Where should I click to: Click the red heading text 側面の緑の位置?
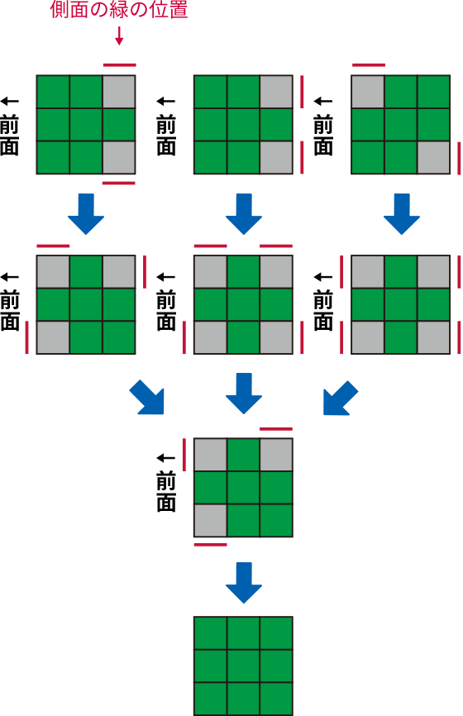(119, 10)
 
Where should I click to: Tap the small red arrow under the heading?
(119, 36)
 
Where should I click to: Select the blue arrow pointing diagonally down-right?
(147, 397)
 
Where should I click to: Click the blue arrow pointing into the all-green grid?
(243, 583)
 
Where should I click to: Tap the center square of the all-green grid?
(243, 666)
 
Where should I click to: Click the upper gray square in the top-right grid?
(368, 92)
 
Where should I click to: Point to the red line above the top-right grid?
(369, 65)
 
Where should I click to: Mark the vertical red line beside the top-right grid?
(459, 158)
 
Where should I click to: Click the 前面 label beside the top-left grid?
(9, 135)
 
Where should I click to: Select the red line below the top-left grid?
(119, 183)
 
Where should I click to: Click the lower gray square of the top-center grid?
(276, 158)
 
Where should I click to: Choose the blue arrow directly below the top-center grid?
(243, 213)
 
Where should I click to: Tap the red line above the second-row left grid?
(53, 246)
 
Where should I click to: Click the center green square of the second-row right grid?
(400, 304)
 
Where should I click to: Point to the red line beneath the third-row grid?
(211, 545)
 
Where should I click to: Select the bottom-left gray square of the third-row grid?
(211, 520)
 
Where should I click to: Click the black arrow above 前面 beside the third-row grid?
(165, 458)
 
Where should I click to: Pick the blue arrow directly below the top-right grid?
(401, 213)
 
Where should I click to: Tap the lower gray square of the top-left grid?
(119, 158)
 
